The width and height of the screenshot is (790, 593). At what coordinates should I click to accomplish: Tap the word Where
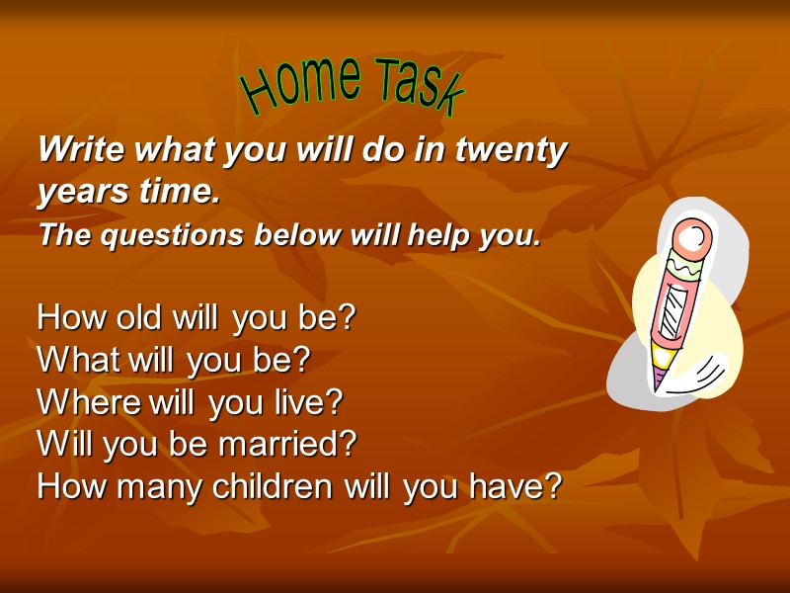coord(89,402)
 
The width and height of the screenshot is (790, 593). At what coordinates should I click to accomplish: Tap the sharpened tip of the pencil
coord(659,381)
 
